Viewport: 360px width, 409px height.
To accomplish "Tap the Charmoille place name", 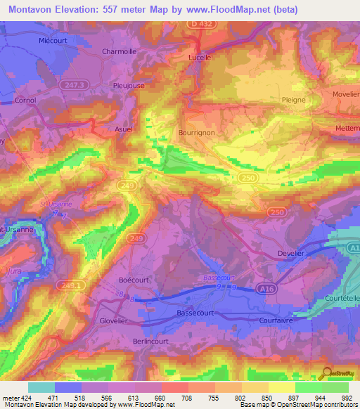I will coord(119,51).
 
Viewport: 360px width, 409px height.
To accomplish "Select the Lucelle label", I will coord(200,58).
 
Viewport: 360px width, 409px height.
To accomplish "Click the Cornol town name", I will coord(25,100).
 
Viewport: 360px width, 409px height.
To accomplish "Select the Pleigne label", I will coord(293,100).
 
